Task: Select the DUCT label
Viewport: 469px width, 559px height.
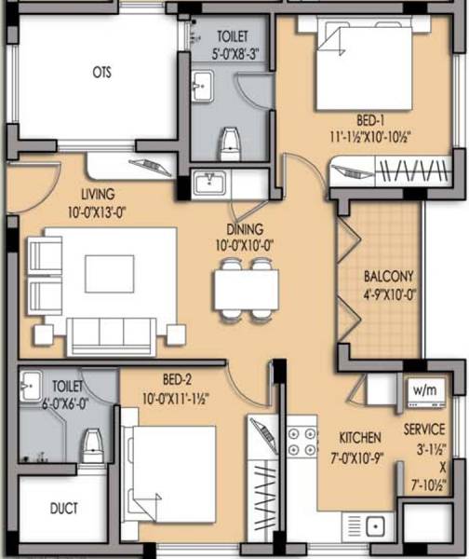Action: [x=63, y=509]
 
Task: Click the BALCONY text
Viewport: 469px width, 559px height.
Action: [x=389, y=277]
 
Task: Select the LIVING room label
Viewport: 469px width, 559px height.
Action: [x=97, y=195]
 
